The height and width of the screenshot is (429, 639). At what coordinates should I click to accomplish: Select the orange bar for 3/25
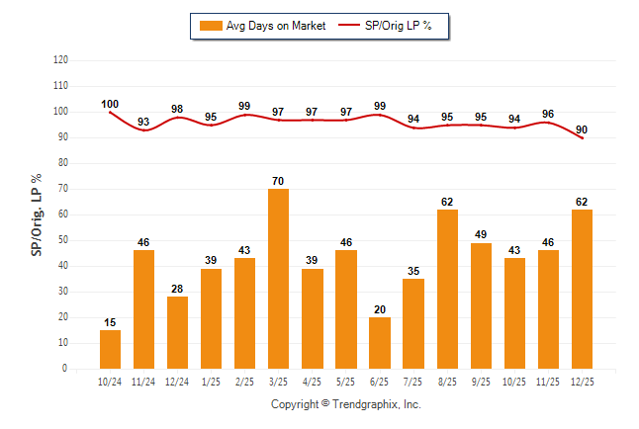[x=279, y=279]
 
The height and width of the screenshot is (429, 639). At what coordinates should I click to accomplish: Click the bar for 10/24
[x=110, y=349]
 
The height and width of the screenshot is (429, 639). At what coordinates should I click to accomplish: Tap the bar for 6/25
[x=380, y=343]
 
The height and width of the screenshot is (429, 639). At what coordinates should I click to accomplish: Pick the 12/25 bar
[x=582, y=289]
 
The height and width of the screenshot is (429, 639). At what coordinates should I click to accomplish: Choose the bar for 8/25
[x=447, y=289]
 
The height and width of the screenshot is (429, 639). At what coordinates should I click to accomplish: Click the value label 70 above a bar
[x=279, y=181]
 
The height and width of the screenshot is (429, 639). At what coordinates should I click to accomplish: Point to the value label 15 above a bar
[x=110, y=322]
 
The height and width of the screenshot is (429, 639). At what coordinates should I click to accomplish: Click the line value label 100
[x=110, y=104]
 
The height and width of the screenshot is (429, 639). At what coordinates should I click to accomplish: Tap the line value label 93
[x=143, y=123]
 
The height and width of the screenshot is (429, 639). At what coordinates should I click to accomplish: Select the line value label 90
[x=582, y=129]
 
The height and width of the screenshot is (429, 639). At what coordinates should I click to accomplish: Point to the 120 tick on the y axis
[x=60, y=60]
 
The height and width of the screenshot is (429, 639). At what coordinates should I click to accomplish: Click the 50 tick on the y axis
[x=63, y=240]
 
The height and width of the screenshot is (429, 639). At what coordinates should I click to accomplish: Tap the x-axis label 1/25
[x=211, y=381]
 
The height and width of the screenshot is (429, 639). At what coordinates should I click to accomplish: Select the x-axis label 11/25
[x=548, y=381]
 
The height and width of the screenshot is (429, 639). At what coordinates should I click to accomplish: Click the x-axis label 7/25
[x=413, y=381]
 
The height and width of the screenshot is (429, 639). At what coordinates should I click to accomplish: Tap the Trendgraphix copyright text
[x=345, y=404]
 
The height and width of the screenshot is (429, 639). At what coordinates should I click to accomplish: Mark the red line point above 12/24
[x=177, y=118]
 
